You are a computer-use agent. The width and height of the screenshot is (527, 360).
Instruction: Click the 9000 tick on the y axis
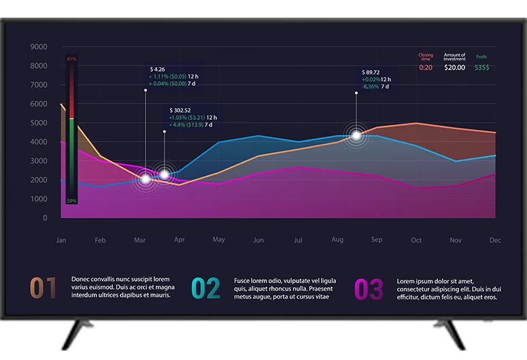(39, 47)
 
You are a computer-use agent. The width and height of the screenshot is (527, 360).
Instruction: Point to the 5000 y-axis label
(39, 123)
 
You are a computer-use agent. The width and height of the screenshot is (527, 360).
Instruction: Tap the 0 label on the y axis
(45, 218)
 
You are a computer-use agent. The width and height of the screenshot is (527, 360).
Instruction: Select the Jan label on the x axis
(61, 240)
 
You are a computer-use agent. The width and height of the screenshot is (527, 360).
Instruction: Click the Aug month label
(337, 240)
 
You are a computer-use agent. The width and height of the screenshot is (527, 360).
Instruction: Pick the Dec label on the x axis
(495, 240)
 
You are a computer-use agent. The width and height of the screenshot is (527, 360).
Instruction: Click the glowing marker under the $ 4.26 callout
(145, 179)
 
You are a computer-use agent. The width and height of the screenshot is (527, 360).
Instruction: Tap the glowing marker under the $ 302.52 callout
(164, 175)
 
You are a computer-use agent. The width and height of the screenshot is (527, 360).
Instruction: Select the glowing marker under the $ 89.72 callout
(356, 135)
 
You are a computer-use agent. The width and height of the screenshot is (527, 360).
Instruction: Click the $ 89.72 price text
(371, 72)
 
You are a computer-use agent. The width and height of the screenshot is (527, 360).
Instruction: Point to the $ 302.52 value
(180, 110)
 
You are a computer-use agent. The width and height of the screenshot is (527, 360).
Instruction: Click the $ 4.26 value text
(158, 69)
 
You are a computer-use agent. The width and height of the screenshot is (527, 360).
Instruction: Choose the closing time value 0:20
(426, 67)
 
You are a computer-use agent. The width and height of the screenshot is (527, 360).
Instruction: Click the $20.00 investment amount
(455, 67)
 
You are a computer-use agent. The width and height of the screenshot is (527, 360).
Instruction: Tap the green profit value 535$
(481, 67)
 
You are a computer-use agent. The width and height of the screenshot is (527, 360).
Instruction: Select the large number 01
(43, 289)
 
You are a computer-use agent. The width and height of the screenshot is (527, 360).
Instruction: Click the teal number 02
(205, 289)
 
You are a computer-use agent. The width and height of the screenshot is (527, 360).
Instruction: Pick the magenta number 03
(369, 289)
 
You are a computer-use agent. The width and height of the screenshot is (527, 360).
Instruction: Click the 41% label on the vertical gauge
(71, 60)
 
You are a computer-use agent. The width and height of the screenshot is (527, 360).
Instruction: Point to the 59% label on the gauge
(71, 201)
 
